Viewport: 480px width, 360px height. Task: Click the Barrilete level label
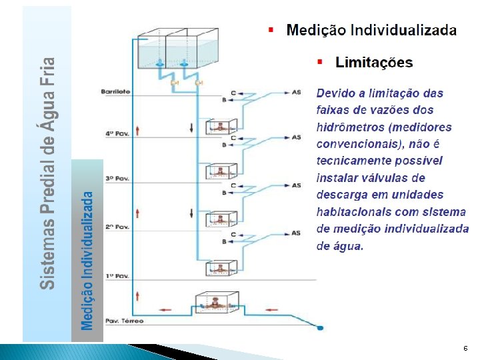click(116, 91)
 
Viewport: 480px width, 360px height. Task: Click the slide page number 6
click(465, 349)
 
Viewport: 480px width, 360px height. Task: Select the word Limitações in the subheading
click(374, 63)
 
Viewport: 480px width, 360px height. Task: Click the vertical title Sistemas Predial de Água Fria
click(47, 173)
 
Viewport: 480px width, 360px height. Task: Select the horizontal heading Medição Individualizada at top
click(371, 30)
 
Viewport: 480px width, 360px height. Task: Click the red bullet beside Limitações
click(321, 62)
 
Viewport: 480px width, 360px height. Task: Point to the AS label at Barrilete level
click(296, 92)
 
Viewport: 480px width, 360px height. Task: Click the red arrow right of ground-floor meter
click(271, 309)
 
